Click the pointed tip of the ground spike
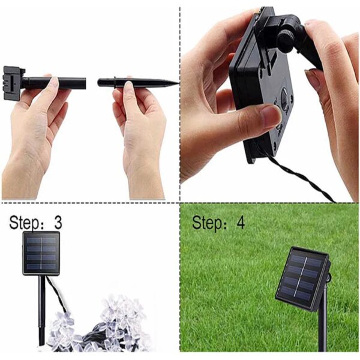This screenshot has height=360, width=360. coord(176,82)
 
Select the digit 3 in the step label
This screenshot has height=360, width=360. coord(58,223)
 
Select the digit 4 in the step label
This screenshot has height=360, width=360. coord(240,223)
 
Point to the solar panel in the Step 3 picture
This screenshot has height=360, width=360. coord(41,253)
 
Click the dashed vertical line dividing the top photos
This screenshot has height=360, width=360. coord(180,102)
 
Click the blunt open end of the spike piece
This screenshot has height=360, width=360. coord(100,82)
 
